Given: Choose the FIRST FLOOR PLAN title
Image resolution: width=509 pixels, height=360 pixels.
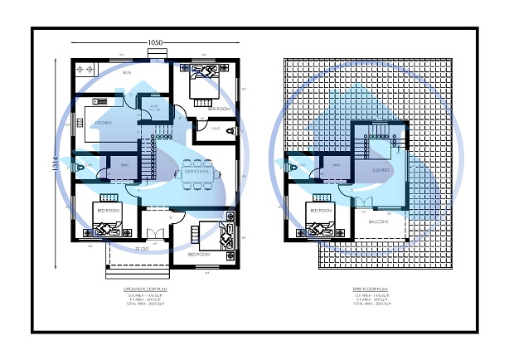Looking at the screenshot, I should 368,290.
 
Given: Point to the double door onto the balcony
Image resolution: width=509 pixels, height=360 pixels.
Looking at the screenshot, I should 366,202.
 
